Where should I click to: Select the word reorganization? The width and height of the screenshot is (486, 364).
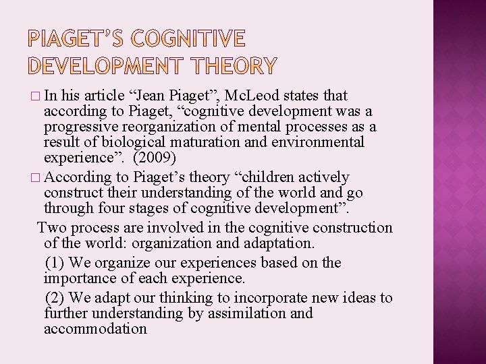tap(167, 127)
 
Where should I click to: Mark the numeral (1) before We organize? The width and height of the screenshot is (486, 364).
tap(53, 263)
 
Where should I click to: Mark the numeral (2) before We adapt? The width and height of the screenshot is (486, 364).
tap(53, 298)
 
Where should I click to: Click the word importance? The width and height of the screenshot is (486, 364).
tap(76, 278)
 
